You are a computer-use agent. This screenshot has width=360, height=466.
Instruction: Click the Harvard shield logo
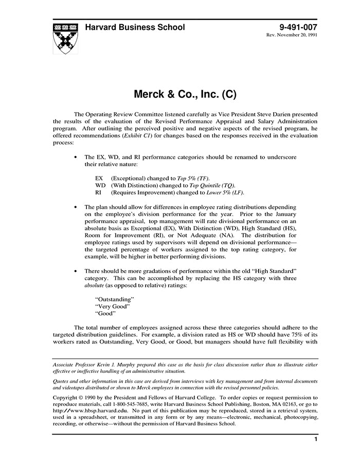click(x=66, y=38)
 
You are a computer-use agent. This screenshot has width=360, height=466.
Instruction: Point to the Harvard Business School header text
click(x=135, y=27)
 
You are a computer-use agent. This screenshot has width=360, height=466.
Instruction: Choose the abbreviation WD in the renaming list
click(x=100, y=185)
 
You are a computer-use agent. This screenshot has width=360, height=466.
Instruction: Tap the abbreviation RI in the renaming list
click(x=98, y=192)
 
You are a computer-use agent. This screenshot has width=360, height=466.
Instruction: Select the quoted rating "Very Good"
click(x=112, y=306)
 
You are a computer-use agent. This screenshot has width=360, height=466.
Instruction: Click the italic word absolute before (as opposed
click(x=96, y=284)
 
